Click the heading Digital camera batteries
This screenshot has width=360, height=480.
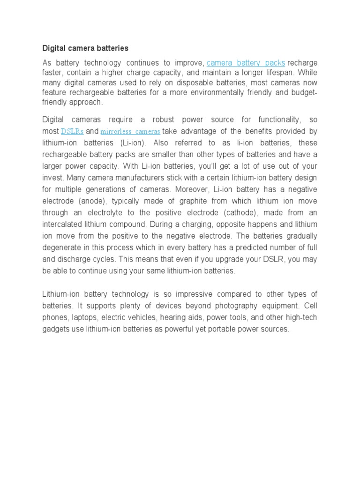85,48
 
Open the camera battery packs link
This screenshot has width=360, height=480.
246,63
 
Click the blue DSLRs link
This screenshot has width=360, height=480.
72,131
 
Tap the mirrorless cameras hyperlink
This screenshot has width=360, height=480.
130,131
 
